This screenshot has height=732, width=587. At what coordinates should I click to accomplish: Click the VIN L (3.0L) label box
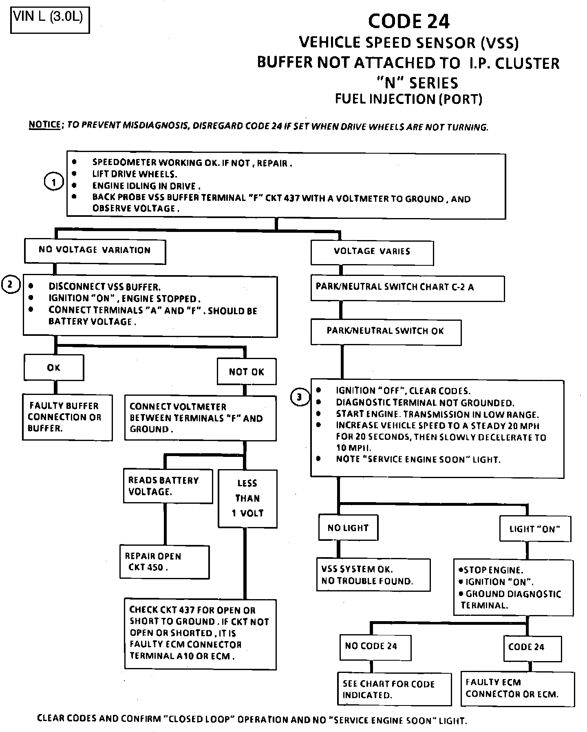(49, 20)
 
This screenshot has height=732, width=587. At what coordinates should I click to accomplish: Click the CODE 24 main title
(408, 22)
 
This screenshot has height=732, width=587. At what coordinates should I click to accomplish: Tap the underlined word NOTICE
(44, 124)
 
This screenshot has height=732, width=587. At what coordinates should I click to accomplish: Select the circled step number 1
(53, 182)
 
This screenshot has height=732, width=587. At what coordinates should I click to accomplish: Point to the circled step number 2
(11, 284)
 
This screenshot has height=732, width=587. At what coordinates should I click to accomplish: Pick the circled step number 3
(300, 397)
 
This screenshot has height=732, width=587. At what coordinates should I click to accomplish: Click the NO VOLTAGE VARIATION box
(95, 251)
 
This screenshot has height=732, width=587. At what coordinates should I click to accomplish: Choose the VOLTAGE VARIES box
(372, 252)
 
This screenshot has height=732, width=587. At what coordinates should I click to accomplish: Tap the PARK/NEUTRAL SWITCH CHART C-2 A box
(407, 288)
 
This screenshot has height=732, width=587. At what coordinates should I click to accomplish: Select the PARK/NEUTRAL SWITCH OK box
(386, 332)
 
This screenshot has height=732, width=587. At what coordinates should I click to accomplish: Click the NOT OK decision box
(246, 371)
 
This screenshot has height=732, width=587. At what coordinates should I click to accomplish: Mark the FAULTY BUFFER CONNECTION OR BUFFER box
(67, 417)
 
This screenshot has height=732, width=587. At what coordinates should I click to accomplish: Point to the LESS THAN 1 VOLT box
(247, 498)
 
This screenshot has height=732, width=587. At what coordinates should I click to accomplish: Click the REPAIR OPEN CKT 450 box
(164, 562)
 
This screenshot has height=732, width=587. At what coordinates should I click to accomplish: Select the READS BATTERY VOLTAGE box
(168, 486)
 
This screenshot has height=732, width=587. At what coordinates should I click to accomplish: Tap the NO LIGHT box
(348, 528)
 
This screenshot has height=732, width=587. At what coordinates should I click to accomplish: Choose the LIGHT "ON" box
(534, 529)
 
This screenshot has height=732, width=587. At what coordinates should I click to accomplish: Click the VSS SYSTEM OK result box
(373, 575)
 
